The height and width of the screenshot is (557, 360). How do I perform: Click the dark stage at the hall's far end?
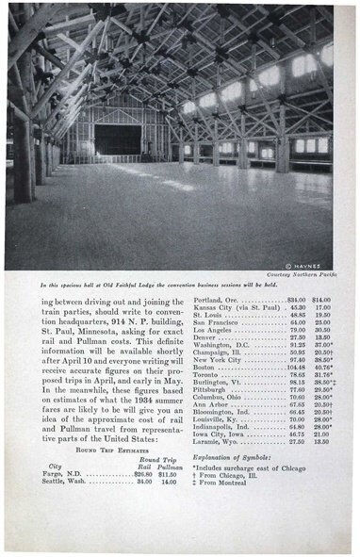point(116,140)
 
